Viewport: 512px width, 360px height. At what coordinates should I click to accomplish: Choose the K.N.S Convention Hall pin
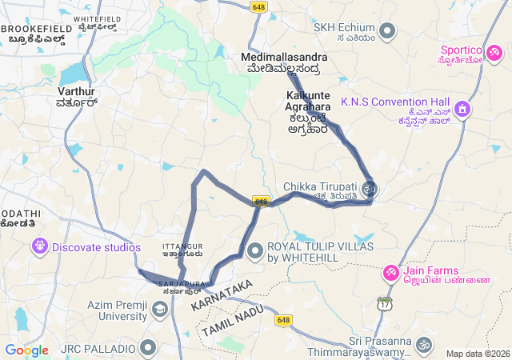pos(461,108)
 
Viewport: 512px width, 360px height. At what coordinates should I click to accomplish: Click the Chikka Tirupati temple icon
pos(370,190)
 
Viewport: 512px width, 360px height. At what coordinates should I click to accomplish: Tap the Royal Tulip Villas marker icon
pos(255,252)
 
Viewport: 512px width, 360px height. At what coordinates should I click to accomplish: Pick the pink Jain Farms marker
pos(390,274)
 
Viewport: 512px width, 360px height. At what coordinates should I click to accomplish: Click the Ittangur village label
pos(182,250)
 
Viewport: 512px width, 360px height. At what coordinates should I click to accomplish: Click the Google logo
pos(26,350)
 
